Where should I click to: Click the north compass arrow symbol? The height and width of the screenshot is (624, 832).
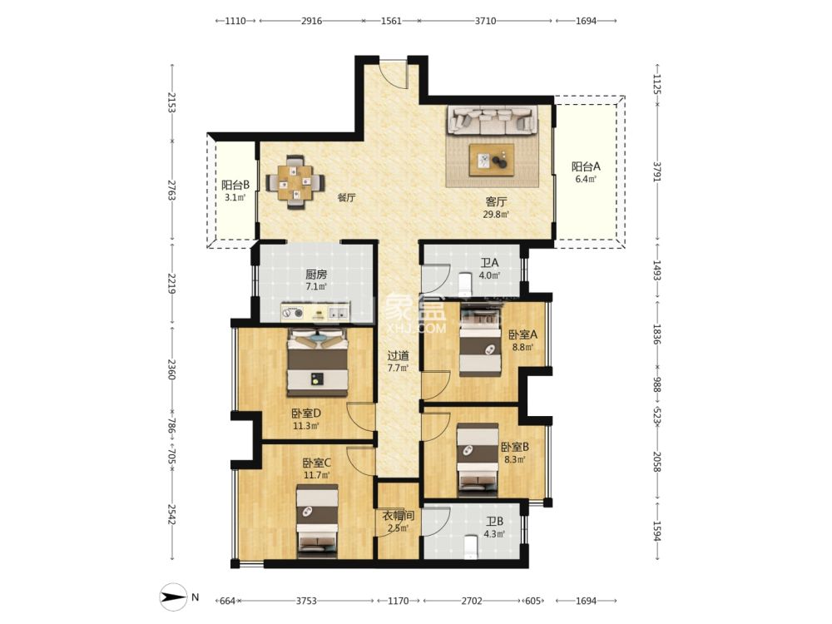174,597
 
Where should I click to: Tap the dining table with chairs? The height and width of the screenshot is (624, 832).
295,182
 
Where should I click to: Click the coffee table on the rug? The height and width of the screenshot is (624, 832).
492,160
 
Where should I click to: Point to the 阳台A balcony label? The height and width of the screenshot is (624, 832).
586,166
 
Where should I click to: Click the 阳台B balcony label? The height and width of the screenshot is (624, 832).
235,186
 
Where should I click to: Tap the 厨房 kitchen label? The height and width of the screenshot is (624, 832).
316,275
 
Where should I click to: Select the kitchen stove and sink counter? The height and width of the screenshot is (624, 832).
315,312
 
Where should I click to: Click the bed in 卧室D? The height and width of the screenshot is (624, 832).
317,363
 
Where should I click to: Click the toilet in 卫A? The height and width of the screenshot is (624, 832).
466,285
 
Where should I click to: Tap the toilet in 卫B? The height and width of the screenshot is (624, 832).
470,547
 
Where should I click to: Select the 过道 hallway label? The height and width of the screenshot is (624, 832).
398,356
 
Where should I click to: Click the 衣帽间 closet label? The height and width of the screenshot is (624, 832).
399,516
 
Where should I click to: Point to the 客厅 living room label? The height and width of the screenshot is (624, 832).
496,202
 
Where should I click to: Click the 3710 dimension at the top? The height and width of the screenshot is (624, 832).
485,21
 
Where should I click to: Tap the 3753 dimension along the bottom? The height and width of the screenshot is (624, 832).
306,601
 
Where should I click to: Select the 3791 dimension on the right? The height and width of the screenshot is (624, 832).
657,171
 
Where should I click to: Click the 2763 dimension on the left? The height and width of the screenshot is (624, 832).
171,191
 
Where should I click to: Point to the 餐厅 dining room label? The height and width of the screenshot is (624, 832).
346,198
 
